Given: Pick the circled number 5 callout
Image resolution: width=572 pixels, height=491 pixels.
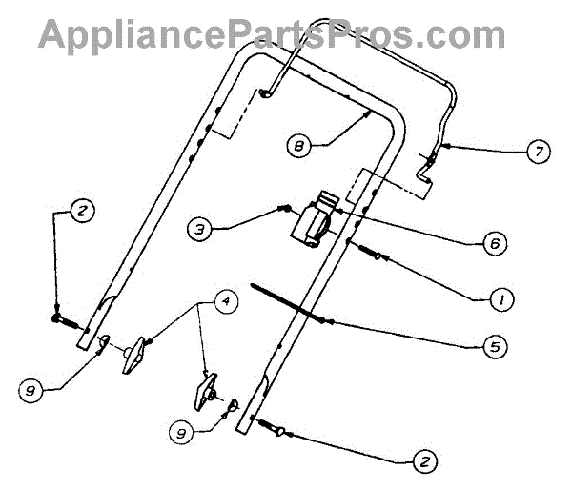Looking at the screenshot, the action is (x=494, y=347).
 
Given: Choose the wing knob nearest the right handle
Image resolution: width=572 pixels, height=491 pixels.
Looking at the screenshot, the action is (x=209, y=389).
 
